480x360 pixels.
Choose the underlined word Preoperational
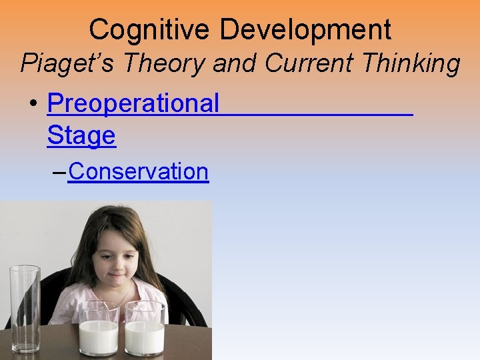133,103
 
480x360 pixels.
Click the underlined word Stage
81,135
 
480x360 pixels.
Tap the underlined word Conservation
138,171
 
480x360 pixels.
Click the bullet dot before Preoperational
33,105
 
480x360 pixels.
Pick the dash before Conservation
59,172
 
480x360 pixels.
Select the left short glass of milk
99,329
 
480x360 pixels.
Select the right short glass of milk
145,329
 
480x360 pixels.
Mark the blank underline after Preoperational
317,113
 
